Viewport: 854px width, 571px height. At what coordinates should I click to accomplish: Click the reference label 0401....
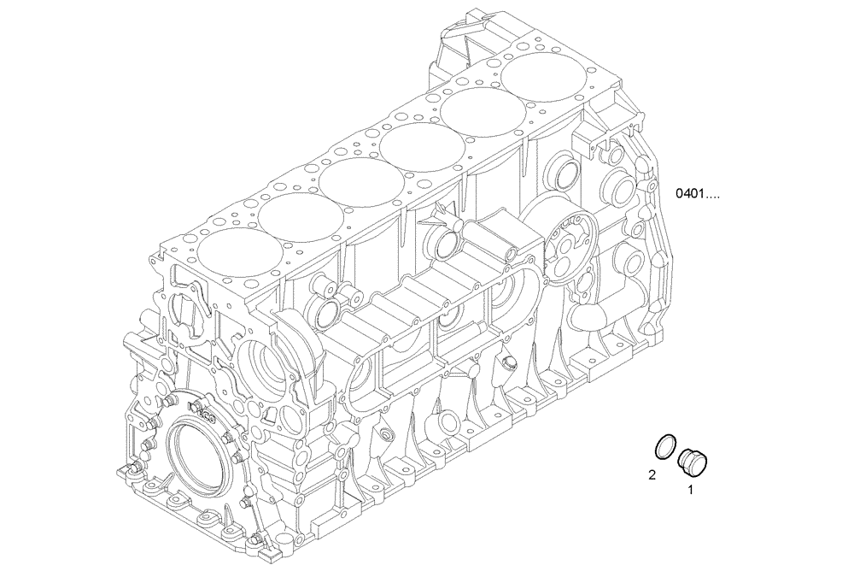(x=697, y=194)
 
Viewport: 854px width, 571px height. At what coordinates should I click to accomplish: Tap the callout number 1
(x=690, y=491)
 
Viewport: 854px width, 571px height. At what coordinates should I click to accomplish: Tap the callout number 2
(x=652, y=474)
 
